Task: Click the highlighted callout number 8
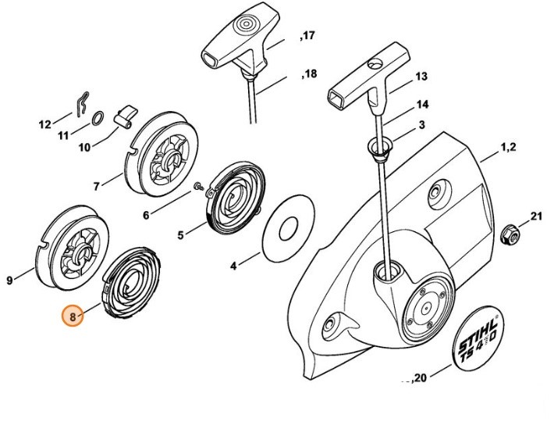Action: pos(73,317)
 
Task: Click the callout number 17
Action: pos(307,37)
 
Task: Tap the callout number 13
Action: pos(421,77)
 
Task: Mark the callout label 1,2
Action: pos(510,146)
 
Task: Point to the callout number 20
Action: pos(421,378)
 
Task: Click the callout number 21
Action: pos(535,216)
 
